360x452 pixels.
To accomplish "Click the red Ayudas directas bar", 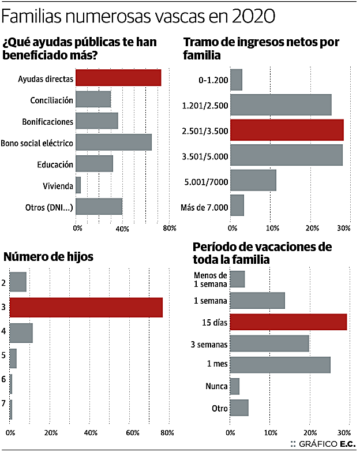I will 118,78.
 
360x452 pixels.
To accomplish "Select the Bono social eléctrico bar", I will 114,142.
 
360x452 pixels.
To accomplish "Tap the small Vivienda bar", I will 78,185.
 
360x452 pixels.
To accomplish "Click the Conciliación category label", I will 52,100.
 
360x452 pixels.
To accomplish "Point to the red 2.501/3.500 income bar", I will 287,130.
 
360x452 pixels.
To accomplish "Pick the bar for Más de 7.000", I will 237,205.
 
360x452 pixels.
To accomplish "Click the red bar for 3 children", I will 86,307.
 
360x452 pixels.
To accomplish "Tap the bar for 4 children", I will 21,333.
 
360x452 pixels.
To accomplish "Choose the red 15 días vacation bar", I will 288,322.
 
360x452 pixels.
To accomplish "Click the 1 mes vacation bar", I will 280,365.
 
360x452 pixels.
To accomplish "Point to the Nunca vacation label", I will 216,386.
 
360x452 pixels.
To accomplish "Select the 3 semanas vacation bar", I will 269,343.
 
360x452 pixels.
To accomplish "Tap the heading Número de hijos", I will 48,256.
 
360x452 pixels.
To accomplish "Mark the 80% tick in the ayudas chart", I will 170,229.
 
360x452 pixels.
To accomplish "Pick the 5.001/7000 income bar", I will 253,180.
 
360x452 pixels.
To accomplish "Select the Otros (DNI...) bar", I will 99,207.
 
